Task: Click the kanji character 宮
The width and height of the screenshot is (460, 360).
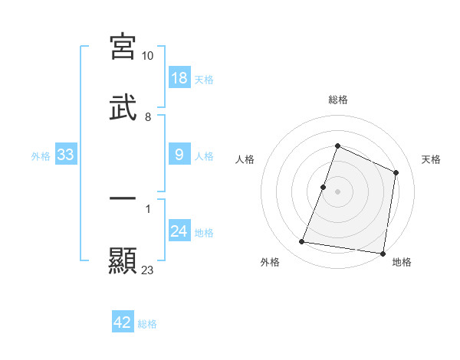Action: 123,47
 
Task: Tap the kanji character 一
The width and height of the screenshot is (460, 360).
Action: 123,198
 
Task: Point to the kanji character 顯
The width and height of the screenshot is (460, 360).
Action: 123,260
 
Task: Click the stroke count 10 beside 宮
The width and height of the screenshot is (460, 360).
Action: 148,56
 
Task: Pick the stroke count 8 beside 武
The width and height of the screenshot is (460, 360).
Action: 148,117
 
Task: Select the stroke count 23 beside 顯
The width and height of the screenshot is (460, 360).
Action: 148,270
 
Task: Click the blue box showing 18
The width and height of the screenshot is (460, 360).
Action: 179,78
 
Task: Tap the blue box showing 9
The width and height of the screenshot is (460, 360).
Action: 179,155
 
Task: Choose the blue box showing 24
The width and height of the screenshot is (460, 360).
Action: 179,231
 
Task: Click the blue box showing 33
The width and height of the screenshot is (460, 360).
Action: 66,155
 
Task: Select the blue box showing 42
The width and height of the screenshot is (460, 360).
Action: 123,322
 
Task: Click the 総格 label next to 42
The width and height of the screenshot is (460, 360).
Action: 147,324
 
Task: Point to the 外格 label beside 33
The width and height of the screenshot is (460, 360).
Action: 41,156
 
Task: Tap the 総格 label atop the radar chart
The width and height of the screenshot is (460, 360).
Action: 338,100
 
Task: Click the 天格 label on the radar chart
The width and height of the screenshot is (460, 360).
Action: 431,159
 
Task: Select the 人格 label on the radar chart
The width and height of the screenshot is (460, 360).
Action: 245,159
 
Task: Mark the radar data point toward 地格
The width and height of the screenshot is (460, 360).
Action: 383,254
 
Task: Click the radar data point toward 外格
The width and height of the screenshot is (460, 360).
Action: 302,242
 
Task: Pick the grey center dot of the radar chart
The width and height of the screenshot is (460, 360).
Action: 338,191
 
